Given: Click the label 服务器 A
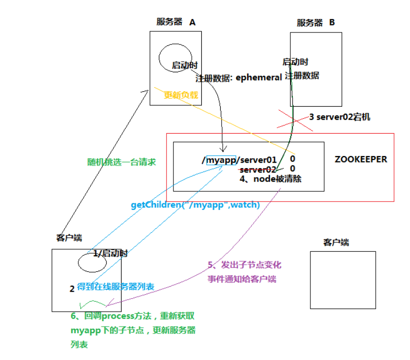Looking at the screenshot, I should (x=176, y=22).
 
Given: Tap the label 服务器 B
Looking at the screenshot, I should (x=316, y=22).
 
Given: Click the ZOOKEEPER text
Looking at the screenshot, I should (x=361, y=160).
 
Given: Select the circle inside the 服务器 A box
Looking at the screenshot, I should (x=171, y=58).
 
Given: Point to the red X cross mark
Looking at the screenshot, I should (x=294, y=120).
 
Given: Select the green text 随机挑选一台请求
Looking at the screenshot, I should (x=122, y=162).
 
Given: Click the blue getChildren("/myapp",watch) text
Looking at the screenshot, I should (x=195, y=204).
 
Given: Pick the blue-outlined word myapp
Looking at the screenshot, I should (x=220, y=160).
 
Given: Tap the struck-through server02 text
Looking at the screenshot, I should (x=258, y=170).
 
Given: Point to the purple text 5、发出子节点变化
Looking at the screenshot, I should (x=245, y=265).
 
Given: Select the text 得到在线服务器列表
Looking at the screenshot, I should (x=116, y=287).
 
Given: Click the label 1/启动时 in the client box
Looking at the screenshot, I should (x=110, y=253).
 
